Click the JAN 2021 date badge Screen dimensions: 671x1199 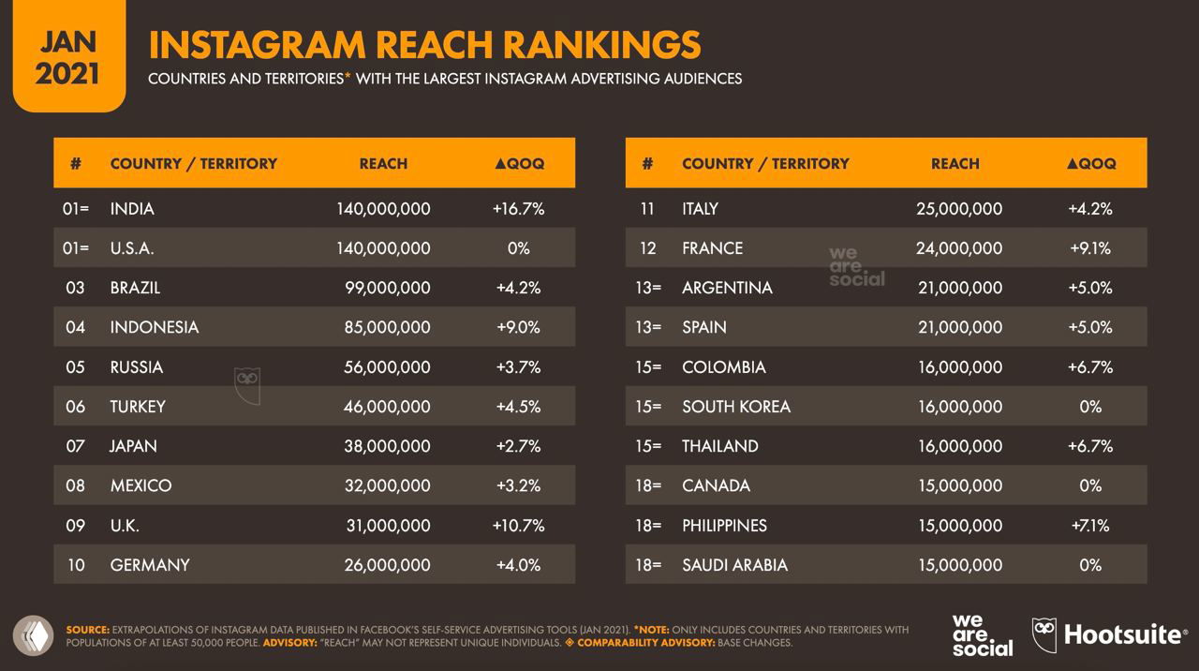[67, 56]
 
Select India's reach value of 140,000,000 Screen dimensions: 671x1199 [383, 208]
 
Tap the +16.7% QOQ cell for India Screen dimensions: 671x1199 [518, 208]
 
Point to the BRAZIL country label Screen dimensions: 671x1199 [135, 288]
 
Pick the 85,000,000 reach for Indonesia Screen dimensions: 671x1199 [387, 327]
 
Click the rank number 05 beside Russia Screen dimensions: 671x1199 [75, 367]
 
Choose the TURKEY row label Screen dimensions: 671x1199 [138, 407]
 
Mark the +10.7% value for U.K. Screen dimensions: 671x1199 [518, 526]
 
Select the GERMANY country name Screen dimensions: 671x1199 [150, 565]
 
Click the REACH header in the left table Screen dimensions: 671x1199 [383, 163]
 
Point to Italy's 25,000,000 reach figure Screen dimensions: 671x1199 [959, 208]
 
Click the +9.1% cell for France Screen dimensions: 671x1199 [1089, 248]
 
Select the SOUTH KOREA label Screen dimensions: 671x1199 [736, 407]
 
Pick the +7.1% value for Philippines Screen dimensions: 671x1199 [1089, 526]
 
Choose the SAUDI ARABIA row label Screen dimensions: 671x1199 [734, 565]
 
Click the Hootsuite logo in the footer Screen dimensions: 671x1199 [1109, 634]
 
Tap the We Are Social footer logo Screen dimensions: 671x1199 [982, 634]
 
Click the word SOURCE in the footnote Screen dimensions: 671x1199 [87, 630]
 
